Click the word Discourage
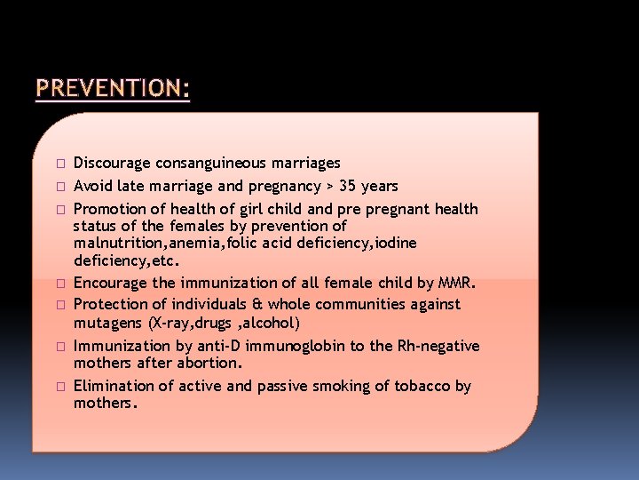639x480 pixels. (113, 164)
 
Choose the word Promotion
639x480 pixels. (110, 210)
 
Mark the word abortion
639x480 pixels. (215, 364)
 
